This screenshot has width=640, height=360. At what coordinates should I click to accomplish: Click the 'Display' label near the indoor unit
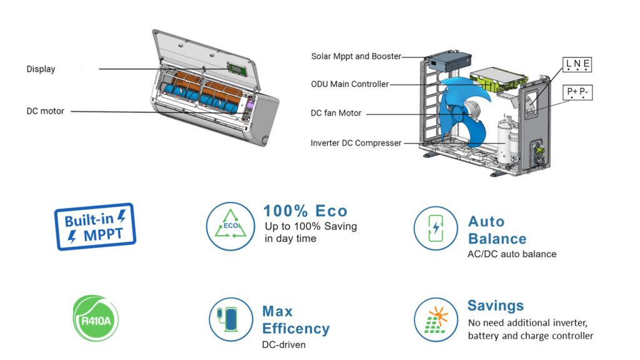(41, 69)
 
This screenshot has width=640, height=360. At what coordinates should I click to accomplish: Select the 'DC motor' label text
(45, 111)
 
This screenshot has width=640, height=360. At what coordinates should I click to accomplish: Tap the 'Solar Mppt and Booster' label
(356, 56)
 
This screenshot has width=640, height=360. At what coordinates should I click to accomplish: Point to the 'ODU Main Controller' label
(349, 84)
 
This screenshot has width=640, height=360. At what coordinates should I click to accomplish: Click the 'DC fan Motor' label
(336, 114)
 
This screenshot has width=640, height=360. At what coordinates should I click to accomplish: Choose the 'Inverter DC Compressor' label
(356, 143)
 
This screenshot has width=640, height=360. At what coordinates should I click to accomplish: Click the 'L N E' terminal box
(577, 64)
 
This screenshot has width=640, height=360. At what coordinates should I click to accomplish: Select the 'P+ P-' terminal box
(577, 93)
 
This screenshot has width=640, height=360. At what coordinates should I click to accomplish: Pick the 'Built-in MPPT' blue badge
(95, 226)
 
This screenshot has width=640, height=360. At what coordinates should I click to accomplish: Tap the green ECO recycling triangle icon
(231, 227)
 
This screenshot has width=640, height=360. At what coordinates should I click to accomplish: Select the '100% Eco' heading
(305, 211)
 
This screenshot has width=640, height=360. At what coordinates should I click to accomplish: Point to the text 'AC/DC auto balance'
(511, 254)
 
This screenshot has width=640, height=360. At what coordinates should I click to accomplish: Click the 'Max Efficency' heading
(295, 320)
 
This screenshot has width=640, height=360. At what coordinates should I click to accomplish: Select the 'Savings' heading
(495, 306)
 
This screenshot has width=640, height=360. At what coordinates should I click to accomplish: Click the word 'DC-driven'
(284, 345)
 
